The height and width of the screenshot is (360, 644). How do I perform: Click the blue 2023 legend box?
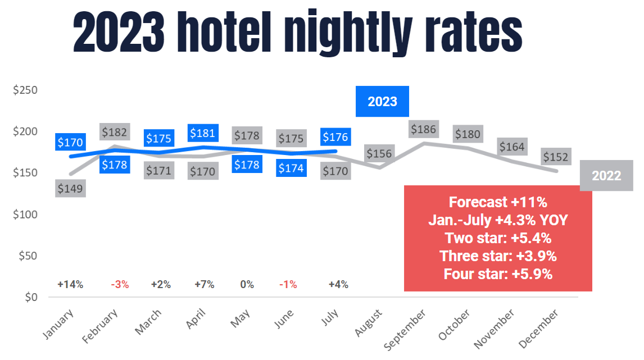coord(382,102)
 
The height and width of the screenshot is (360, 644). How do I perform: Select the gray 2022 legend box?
coord(606,176)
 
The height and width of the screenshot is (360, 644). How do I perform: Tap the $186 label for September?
coord(423,129)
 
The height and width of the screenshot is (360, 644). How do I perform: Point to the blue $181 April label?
coord(202,133)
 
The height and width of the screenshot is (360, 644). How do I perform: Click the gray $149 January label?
coord(70,188)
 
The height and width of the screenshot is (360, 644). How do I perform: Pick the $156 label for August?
coord(379,153)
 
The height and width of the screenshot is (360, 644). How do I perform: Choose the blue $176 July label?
coord(335,137)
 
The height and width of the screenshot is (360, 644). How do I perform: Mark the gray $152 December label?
coord(556,157)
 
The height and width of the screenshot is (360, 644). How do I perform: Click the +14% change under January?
coord(70,284)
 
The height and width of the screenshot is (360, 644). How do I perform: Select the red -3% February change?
coord(120,284)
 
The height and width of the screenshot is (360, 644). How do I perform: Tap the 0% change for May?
coord(247,284)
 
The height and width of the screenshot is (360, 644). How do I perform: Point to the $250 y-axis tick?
coord(25,90)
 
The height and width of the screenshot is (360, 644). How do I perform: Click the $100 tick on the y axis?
coord(25,215)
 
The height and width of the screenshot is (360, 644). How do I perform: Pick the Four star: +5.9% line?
coord(498,274)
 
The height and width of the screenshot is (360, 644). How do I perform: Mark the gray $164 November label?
coord(511,147)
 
